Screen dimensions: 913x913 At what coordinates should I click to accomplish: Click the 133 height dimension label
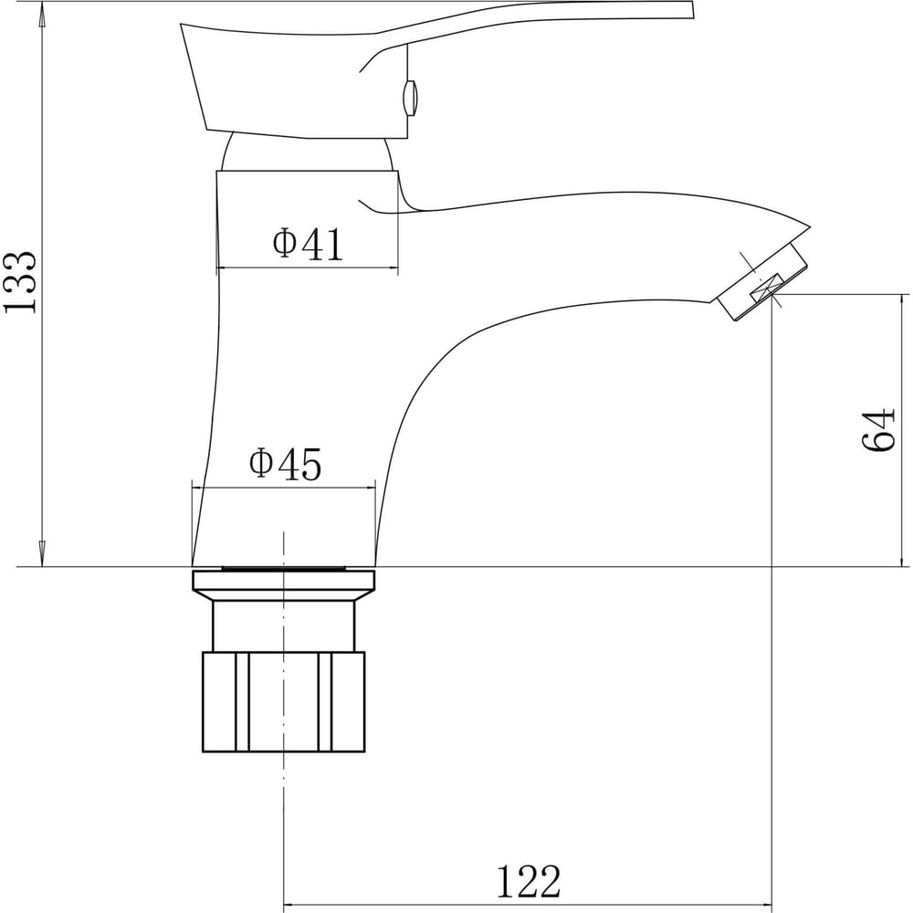point(20,282)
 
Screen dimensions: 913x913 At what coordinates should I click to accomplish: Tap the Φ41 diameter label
point(309,244)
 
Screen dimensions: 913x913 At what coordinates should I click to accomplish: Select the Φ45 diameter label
point(285,464)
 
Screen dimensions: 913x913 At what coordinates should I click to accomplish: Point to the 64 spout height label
point(877,430)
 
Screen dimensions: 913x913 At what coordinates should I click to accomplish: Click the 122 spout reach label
point(528,882)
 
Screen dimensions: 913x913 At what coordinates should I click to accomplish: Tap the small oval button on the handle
point(411,98)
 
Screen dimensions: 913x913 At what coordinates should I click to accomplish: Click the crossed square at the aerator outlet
point(766,288)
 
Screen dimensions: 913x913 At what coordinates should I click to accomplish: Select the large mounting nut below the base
point(284,701)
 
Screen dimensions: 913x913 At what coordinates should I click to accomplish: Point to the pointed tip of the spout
point(809,226)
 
